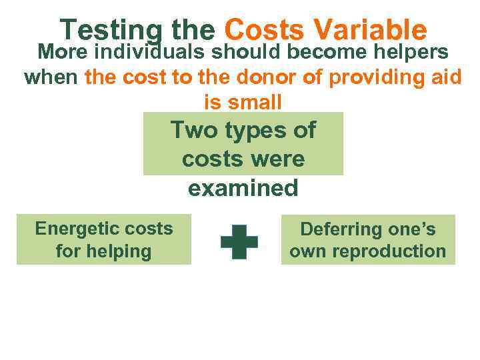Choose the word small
pos(255,102)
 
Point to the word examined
pos(243,189)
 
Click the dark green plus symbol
pos(239,241)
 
